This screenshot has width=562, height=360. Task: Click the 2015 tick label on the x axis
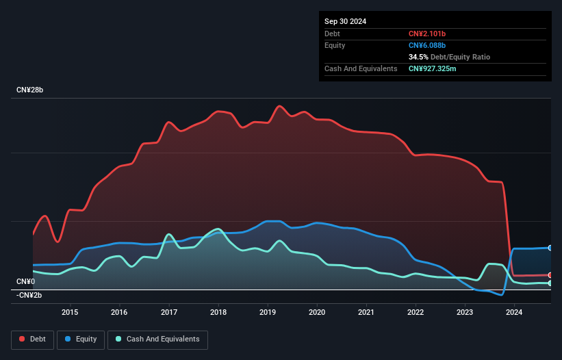(x=70, y=312)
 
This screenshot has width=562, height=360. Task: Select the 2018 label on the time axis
(x=218, y=312)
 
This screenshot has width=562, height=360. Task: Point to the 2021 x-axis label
(x=366, y=312)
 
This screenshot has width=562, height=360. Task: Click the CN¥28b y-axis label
(x=30, y=90)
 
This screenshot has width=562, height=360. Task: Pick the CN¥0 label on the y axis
(x=25, y=281)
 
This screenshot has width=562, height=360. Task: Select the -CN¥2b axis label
(x=29, y=295)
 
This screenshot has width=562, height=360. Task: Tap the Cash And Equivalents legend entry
(x=157, y=339)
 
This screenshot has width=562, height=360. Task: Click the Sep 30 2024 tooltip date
(x=346, y=21)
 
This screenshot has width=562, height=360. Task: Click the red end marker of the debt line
(x=550, y=275)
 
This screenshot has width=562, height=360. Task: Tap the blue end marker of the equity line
(x=550, y=248)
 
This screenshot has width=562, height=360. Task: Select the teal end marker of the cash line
(x=550, y=283)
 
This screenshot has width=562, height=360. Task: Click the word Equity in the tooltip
(x=335, y=45)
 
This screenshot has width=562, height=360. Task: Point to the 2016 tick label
(x=119, y=312)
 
